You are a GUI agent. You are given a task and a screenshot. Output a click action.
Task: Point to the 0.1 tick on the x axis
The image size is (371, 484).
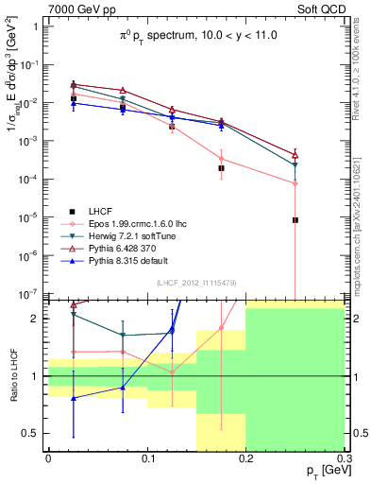146,457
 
